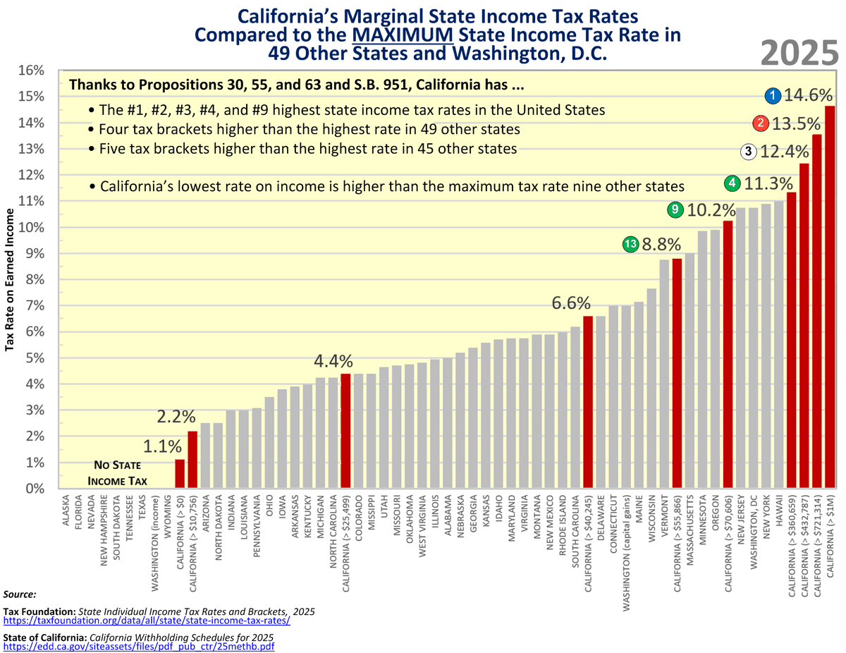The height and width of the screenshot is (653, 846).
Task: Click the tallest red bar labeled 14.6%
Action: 830,296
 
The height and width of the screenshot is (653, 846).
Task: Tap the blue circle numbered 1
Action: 773,95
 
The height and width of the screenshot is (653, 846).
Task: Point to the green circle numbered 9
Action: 675,209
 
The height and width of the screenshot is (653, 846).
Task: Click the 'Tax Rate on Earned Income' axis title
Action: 10,280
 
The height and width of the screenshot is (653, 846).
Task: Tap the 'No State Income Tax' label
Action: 118,473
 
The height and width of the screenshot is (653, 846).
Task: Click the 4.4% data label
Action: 333,360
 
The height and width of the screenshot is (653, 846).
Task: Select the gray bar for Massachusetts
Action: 689,370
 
